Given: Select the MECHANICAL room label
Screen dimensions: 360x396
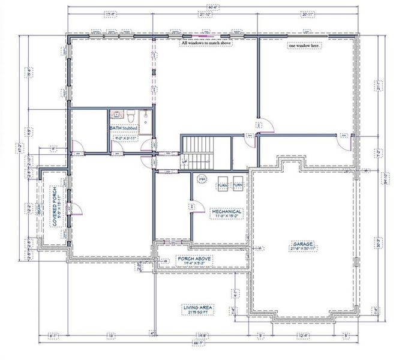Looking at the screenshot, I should (x=226, y=212).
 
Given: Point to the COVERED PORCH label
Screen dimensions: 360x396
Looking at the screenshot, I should (x=55, y=211).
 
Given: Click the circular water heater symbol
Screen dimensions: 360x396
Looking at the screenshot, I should (x=202, y=179).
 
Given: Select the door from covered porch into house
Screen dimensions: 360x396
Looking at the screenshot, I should (x=75, y=209).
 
